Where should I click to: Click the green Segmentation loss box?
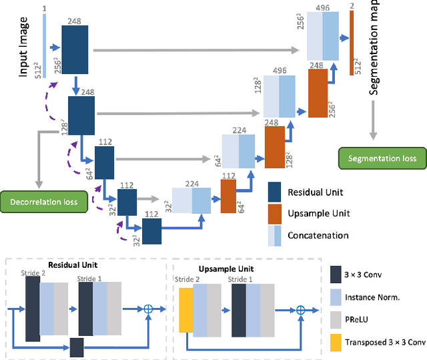point(382,158)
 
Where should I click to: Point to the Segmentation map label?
point(374,46)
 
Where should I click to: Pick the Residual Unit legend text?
point(316,192)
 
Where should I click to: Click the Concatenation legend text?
point(318,235)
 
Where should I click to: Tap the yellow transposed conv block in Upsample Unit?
point(185,310)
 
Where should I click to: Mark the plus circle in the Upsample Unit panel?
point(300,309)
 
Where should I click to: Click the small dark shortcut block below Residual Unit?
point(77,347)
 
